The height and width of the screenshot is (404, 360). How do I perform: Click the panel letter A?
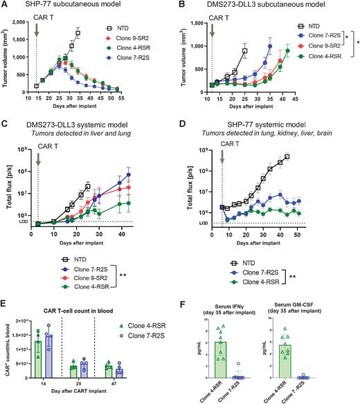click(x=5, y=5)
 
